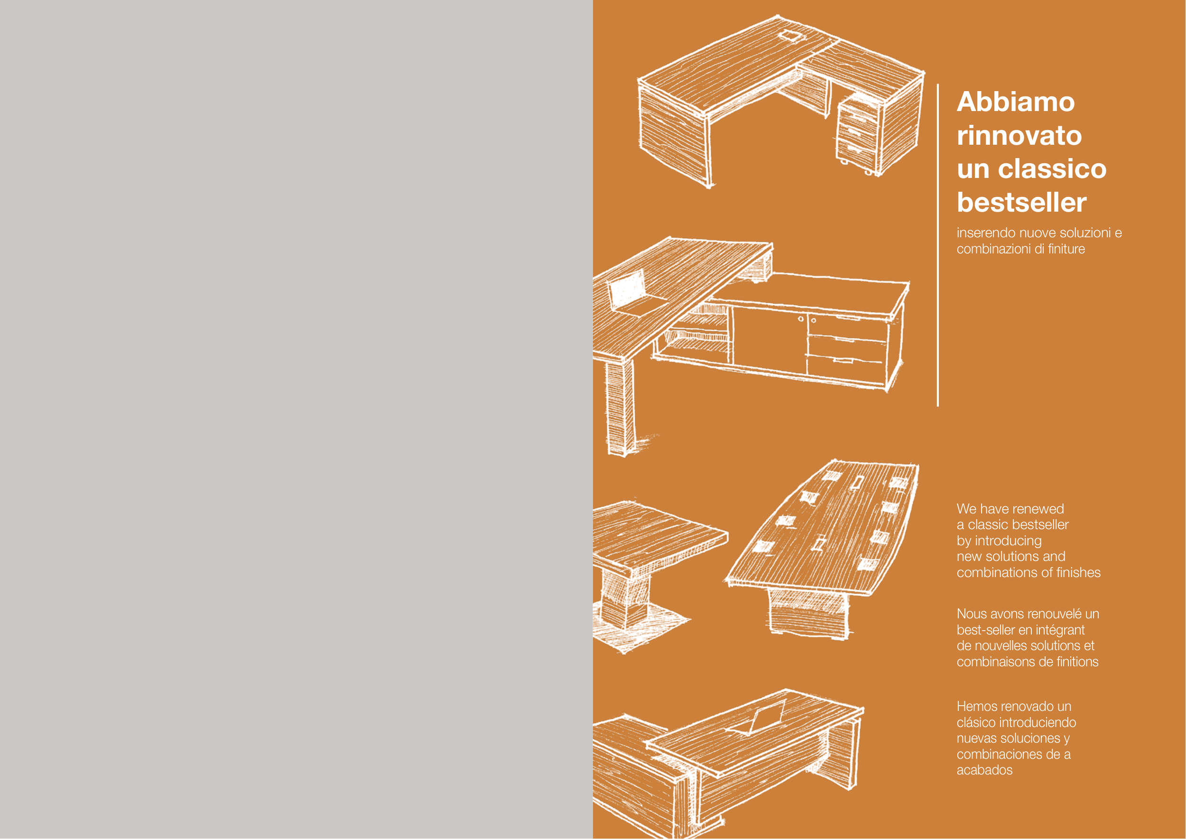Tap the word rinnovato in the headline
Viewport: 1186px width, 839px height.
click(x=1019, y=135)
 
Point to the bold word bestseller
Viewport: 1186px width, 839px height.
click(x=1022, y=202)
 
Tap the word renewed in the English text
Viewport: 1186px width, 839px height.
click(x=1038, y=509)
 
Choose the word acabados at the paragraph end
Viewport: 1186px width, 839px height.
click(x=984, y=770)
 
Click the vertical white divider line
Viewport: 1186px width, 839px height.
click(x=938, y=245)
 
